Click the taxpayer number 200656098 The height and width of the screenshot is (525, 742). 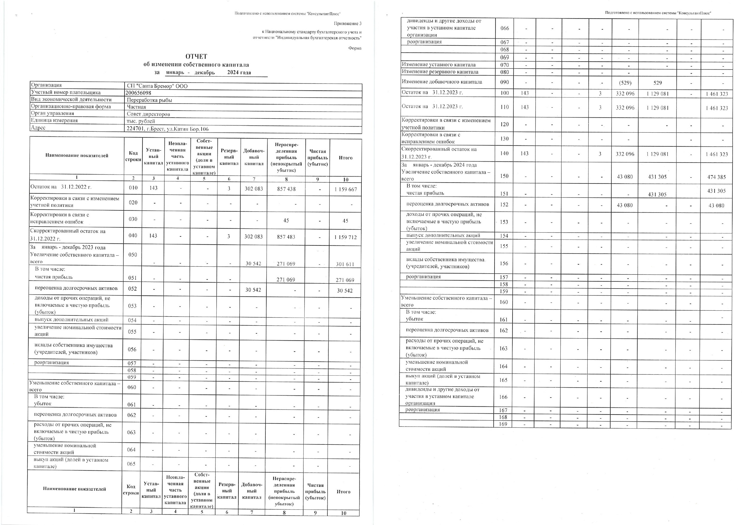(138, 93)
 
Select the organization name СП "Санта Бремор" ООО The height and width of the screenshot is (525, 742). (157, 86)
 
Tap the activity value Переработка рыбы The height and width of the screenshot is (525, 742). (149, 100)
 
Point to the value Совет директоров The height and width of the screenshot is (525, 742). (148, 114)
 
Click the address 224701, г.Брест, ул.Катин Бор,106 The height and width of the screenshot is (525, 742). (168, 129)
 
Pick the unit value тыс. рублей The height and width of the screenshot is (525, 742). (141, 121)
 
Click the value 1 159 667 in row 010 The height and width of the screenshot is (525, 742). (346, 189)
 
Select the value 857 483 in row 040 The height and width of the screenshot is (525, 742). (286, 237)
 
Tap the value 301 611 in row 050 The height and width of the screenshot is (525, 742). (345, 264)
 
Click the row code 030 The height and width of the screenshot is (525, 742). (133, 219)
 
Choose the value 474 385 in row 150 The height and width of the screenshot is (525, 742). (716, 177)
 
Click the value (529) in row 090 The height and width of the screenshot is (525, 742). (625, 82)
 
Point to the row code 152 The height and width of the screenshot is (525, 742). (504, 204)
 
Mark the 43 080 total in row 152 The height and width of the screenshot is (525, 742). (716, 205)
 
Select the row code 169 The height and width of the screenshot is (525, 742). (503, 424)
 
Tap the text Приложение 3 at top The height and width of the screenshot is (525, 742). (348, 24)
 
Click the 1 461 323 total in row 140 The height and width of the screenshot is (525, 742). (717, 154)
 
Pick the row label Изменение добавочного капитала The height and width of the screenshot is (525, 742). (442, 82)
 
